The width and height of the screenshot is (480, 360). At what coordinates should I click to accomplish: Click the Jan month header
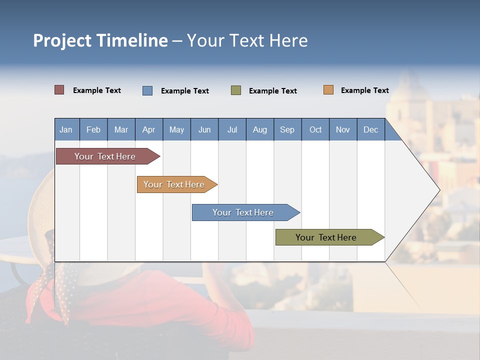[66, 129]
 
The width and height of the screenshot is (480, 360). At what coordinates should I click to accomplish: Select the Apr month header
[148, 129]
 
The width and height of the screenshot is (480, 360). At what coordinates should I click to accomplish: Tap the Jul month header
[232, 129]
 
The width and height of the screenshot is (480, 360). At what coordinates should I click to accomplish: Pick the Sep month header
[287, 129]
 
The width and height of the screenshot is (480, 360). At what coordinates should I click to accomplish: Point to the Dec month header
[370, 129]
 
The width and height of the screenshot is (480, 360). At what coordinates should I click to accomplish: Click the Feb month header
[93, 129]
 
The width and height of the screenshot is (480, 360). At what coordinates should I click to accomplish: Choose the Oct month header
[315, 129]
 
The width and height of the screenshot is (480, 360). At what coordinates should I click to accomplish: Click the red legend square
[59, 90]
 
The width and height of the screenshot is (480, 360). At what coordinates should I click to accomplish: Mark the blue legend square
[147, 90]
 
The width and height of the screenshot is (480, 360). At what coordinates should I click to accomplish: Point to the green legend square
[236, 90]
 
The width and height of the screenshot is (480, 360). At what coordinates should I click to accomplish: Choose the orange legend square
[328, 90]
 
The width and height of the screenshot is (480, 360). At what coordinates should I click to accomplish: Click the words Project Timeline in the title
[100, 40]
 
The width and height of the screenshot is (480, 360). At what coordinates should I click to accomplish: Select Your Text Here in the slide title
[247, 40]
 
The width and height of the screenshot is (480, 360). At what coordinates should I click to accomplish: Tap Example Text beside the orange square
[364, 90]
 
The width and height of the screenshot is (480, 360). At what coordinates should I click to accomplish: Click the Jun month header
[204, 129]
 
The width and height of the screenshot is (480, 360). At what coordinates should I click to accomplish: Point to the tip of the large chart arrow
[438, 190]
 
